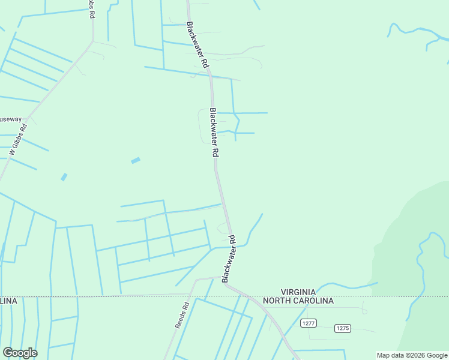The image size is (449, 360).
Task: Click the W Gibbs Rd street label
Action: point(19,140)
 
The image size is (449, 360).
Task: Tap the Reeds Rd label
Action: point(182,314)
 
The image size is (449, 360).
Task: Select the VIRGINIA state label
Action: point(306,290)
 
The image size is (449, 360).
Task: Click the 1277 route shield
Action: point(309,323)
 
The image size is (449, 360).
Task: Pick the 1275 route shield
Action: point(343,328)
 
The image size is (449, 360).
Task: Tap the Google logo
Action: point(20,353)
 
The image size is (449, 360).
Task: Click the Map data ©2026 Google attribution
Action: point(412,355)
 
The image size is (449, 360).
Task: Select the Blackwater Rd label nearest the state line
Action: point(228,258)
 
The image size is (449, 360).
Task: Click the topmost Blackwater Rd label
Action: point(197,45)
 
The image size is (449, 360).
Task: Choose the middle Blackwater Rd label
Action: point(212,133)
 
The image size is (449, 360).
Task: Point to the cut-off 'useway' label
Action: point(10,119)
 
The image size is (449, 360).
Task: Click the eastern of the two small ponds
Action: point(136,160)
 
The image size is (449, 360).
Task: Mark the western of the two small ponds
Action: point(64,177)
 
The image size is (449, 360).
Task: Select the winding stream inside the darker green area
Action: point(420,270)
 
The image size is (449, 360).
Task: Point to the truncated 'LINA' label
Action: point(8,301)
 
